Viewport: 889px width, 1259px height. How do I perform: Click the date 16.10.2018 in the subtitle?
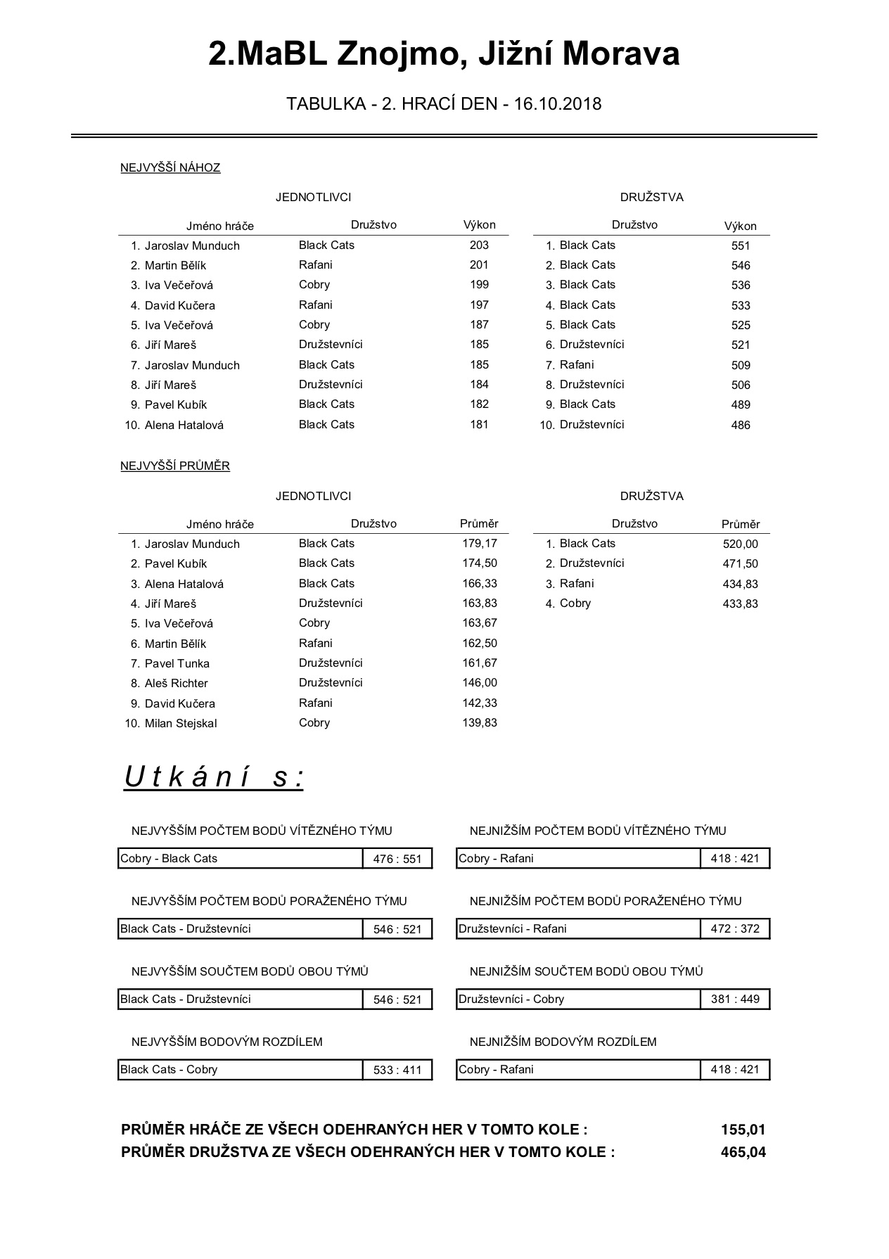click(x=558, y=104)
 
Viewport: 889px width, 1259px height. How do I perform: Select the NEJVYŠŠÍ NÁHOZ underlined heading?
click(x=170, y=167)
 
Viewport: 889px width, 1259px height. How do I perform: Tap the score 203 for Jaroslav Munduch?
click(x=479, y=245)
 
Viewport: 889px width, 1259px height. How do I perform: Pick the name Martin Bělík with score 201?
click(x=175, y=265)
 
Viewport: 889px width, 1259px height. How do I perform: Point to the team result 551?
click(x=741, y=245)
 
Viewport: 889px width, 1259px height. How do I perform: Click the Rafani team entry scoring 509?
click(x=577, y=365)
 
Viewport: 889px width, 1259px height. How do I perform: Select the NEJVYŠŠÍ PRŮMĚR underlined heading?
click(x=175, y=466)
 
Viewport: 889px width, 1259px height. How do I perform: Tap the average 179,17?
click(x=480, y=544)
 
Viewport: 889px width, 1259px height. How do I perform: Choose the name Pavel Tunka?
click(x=177, y=663)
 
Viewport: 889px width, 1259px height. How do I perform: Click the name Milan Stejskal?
click(x=181, y=723)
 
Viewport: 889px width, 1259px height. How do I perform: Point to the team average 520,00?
click(x=741, y=544)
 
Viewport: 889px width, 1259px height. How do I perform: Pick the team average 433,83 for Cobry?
click(x=741, y=603)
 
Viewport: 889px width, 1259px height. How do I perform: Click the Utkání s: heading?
click(x=214, y=777)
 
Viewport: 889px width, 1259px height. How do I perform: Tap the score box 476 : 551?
click(x=397, y=859)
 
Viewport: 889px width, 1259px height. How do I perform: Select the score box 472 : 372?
click(x=735, y=928)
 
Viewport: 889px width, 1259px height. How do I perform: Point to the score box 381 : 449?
click(x=735, y=999)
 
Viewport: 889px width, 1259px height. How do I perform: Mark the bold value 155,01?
click(x=743, y=1130)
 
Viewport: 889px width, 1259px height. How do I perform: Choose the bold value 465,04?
click(x=743, y=1152)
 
